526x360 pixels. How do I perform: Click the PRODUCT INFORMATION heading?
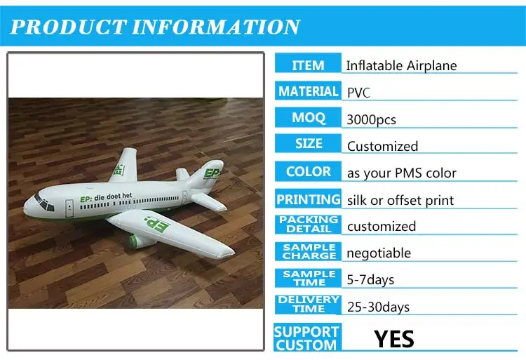(155, 27)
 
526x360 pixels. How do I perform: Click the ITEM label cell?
(308, 65)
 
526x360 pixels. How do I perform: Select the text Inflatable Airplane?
(401, 66)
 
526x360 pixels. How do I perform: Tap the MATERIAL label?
(308, 92)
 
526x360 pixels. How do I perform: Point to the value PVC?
(359, 92)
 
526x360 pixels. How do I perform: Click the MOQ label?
(308, 118)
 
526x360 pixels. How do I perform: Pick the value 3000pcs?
(371, 119)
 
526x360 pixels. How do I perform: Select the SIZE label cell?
(308, 145)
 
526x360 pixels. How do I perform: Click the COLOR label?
(308, 171)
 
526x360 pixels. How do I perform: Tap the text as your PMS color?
(401, 173)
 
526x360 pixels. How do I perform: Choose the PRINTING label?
(308, 199)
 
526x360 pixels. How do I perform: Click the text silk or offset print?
(400, 200)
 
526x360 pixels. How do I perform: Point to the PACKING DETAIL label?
(308, 225)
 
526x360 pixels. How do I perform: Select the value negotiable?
(379, 253)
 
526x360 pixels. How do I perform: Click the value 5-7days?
(370, 279)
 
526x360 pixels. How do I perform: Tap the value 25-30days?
(378, 307)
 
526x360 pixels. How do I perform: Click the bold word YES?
(393, 339)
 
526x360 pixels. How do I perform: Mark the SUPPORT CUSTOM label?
(306, 338)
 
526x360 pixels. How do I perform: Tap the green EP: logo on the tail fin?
(211, 171)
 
